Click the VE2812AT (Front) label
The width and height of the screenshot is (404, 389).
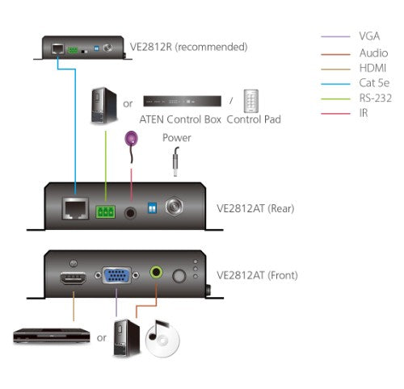pos(257,275)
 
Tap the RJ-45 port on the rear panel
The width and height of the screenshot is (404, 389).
pos(74,209)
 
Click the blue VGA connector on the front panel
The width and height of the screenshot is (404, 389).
pos(117,277)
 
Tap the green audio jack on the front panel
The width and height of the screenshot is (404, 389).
pos(155,276)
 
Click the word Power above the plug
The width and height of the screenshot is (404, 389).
pos(176,138)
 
